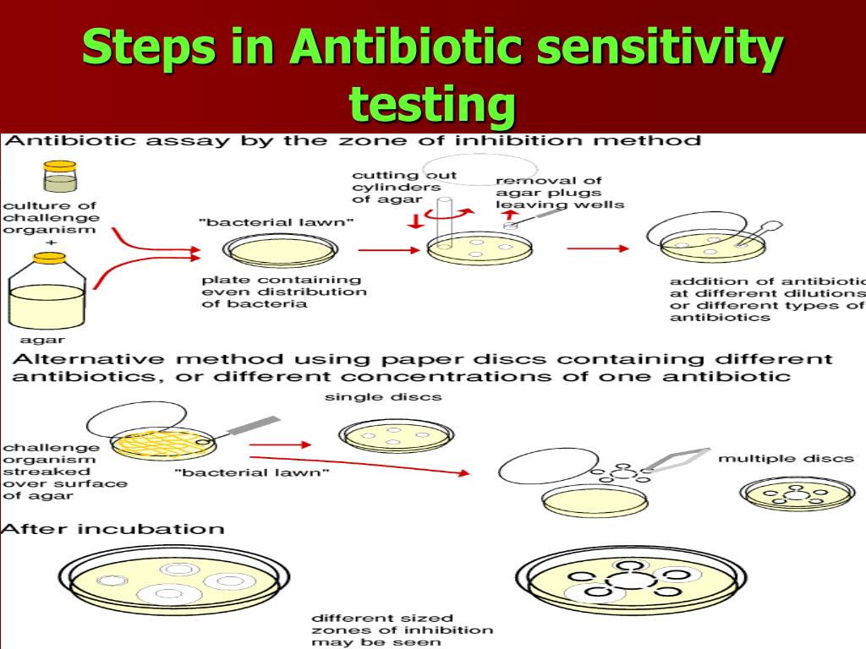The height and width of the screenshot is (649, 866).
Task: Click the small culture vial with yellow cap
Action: [59, 177]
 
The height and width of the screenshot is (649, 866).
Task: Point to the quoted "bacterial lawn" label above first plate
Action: [277, 222]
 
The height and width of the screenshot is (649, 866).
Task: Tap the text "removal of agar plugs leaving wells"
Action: [560, 193]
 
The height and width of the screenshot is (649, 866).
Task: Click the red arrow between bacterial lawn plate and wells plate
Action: [388, 250]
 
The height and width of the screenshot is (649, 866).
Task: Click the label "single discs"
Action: [383, 396]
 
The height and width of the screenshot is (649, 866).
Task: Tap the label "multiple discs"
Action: [786, 459]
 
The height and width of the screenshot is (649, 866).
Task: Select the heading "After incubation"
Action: [113, 529]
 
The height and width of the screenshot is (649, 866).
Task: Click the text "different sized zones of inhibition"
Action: [402, 630]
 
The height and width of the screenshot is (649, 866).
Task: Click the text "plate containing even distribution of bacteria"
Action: [283, 292]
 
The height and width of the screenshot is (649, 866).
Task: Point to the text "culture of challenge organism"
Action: [50, 217]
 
